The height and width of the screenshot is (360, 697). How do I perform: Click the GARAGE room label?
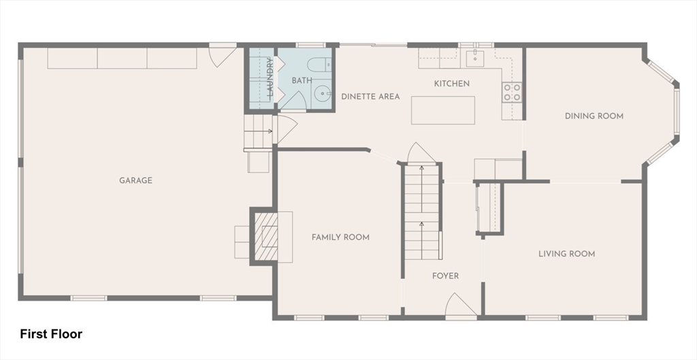[135, 180]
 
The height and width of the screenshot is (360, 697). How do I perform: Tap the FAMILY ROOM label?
[340, 237]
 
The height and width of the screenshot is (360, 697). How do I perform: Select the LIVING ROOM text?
[566, 254]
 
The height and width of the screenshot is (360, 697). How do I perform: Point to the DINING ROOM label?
[594, 116]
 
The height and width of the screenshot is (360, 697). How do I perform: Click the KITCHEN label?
[452, 84]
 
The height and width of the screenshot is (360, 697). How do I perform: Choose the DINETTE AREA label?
[370, 97]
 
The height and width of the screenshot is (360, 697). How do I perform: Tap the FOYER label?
[446, 276]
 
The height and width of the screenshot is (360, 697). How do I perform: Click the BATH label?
[302, 80]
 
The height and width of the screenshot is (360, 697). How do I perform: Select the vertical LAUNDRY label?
[270, 78]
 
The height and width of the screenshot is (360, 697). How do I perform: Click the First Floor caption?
[51, 334]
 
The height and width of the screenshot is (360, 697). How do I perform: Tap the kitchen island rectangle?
[443, 110]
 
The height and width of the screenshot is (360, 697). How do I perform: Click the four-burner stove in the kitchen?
[512, 92]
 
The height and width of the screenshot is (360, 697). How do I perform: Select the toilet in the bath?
[317, 66]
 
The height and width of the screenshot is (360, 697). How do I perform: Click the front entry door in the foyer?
[461, 306]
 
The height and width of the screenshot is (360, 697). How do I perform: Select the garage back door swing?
[223, 54]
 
